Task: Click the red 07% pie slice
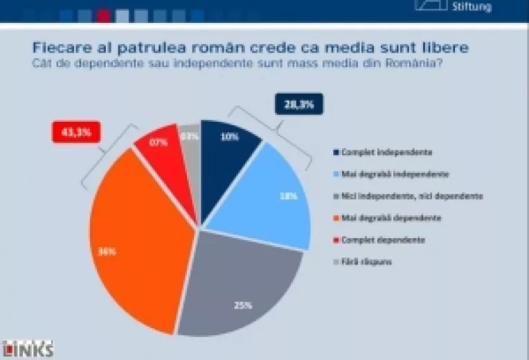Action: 161,145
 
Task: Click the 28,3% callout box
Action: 299,105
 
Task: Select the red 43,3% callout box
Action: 77,132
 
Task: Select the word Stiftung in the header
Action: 472,7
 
